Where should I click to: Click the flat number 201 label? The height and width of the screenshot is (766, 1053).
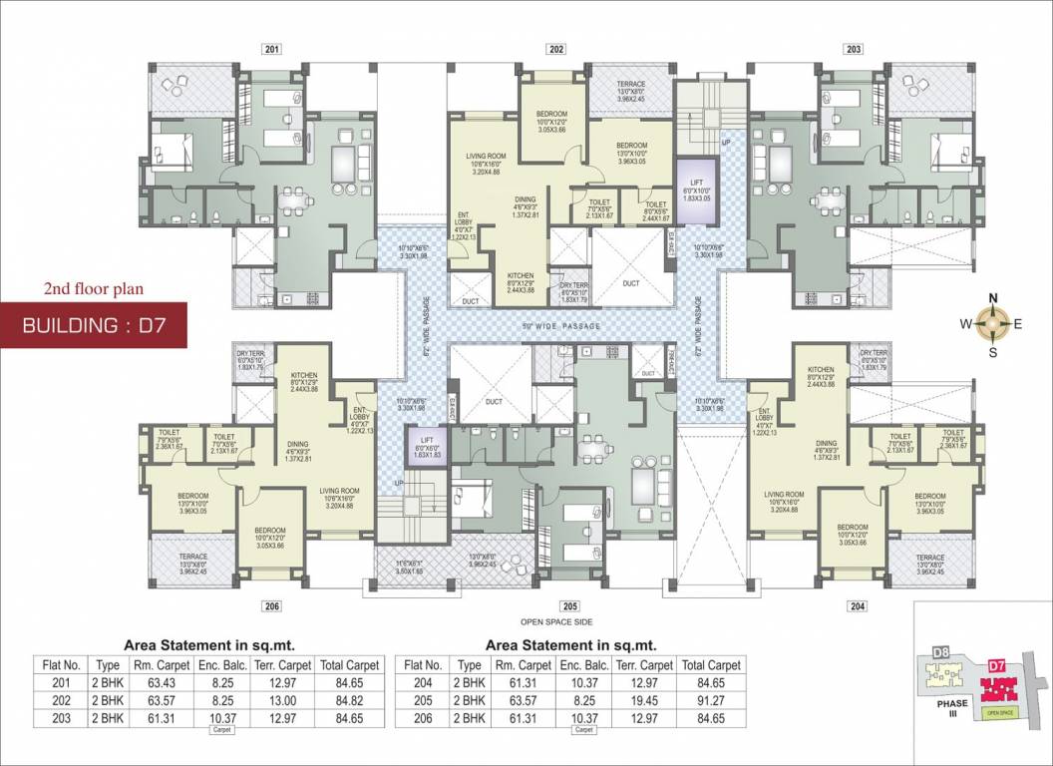[x=272, y=49]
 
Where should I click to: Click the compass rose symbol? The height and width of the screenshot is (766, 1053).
[x=992, y=322]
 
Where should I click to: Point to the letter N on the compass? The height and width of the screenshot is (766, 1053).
[x=992, y=298]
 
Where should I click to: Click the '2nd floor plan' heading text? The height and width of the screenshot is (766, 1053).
[x=94, y=289]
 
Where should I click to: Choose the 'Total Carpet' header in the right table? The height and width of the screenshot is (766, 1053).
[x=711, y=665]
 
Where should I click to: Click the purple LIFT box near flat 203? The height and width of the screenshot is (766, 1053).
[x=696, y=188]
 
